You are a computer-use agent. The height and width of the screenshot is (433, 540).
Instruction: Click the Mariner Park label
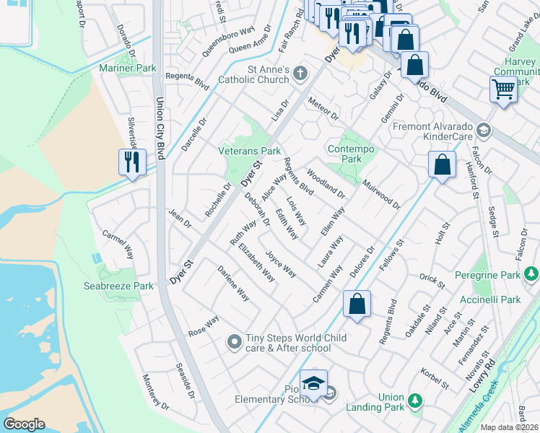[x=127, y=69]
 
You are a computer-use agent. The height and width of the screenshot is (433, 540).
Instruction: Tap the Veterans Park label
[x=250, y=152]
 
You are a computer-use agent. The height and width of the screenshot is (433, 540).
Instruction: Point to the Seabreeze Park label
[x=127, y=286]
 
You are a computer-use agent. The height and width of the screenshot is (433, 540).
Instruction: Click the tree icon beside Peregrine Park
[x=532, y=274]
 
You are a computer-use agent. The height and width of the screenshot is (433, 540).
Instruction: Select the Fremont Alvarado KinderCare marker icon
[x=483, y=131]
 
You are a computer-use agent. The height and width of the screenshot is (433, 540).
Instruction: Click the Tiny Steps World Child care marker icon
[x=233, y=341]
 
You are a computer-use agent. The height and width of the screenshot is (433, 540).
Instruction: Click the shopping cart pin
[x=503, y=90]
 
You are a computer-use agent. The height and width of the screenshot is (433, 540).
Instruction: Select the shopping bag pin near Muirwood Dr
[x=442, y=165]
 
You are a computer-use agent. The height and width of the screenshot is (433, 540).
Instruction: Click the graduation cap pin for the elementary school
[x=313, y=384]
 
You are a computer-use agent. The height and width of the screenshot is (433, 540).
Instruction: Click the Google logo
[x=24, y=424]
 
